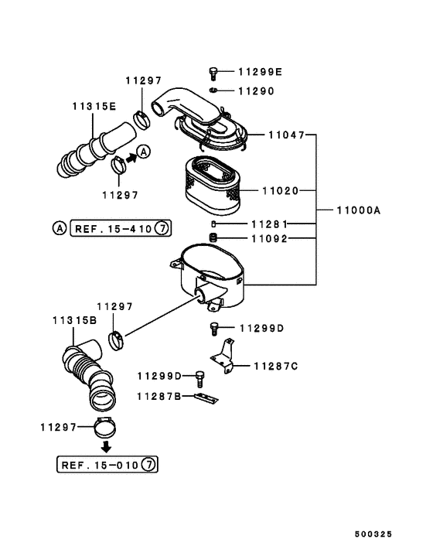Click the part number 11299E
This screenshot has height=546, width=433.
[x=260, y=72]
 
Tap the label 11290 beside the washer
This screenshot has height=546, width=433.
[x=256, y=91]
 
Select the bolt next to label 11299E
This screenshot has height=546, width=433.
[x=213, y=73]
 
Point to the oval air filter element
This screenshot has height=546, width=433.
[x=213, y=185]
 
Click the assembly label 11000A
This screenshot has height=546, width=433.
[x=359, y=210]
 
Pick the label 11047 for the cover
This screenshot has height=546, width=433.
[x=286, y=135]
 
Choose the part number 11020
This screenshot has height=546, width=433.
[x=280, y=191]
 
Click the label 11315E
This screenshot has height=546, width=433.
[x=94, y=106]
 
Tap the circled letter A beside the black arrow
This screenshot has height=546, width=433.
[x=143, y=152]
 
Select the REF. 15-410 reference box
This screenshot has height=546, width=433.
[x=121, y=228]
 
